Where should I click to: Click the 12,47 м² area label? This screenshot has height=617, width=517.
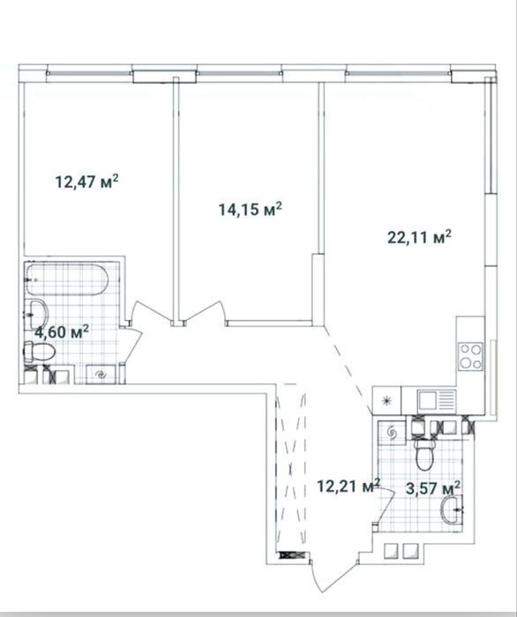coord(87,182)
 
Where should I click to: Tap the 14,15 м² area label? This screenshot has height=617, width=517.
coord(251,209)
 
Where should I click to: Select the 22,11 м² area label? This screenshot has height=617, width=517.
coord(419,237)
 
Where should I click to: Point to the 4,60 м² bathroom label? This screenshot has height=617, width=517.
coord(62,332)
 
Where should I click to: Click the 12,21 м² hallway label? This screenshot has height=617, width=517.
coord(348,487)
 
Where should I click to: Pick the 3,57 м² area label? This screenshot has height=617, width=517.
coord(433,488)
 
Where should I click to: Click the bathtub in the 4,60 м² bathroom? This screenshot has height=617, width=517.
coord(67,279)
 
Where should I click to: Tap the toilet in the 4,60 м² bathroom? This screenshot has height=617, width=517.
coord(40,352)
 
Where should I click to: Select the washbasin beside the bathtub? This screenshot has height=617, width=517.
coord(37,315)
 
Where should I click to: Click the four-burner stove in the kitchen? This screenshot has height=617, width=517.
coord(470,356)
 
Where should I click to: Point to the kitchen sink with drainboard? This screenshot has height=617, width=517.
coord(437,400)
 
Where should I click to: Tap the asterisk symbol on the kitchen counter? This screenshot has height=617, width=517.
coord(387,401)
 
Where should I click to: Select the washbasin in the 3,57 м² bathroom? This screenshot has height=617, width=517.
coord(452,510)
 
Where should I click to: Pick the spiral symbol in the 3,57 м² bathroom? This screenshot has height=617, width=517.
coord(392,433)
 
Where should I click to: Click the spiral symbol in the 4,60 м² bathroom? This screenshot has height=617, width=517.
coord(101,375)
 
